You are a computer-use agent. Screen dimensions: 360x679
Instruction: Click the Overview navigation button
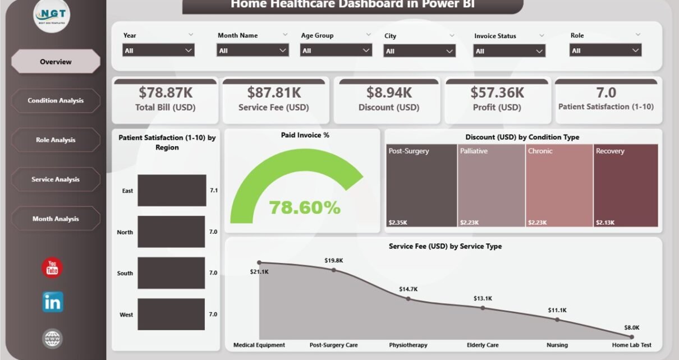tap(56, 62)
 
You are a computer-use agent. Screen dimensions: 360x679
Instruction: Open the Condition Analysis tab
tap(56, 101)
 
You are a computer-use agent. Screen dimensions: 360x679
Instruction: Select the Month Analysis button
tap(56, 219)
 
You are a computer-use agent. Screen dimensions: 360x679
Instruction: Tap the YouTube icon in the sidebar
tap(52, 267)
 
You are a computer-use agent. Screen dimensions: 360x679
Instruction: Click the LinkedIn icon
tap(53, 302)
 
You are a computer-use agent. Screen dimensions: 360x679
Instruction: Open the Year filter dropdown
tap(158, 50)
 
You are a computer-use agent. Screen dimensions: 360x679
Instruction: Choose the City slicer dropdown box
tap(419, 51)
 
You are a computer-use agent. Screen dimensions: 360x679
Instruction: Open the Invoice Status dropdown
tap(509, 51)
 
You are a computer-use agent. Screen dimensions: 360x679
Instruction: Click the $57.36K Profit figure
tap(497, 92)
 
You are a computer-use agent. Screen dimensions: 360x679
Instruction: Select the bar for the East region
tap(172, 191)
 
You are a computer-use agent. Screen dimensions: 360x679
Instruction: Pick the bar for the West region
tap(172, 314)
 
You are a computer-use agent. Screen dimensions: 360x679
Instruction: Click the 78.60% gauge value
tap(305, 207)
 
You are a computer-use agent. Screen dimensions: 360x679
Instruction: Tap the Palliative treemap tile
tap(491, 186)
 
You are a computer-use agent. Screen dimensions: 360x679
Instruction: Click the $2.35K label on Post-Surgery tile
tap(398, 223)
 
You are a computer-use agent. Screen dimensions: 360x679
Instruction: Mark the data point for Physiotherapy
tap(408, 299)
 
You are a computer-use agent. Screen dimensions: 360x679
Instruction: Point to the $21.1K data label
tap(259, 272)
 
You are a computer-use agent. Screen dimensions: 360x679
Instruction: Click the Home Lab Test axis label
tap(632, 345)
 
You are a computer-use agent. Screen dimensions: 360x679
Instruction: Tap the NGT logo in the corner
tap(52, 15)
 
